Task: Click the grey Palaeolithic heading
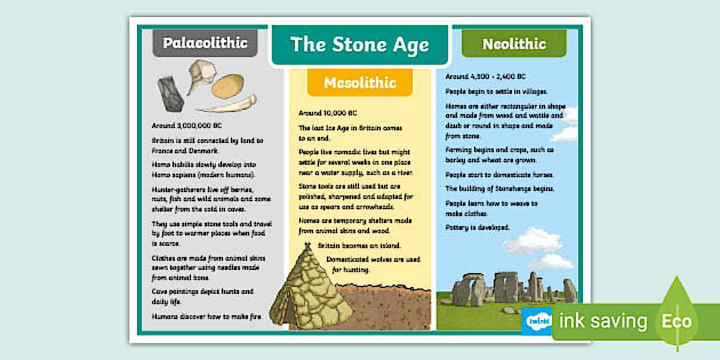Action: [205, 43]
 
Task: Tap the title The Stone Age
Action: [359, 45]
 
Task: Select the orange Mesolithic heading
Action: [360, 83]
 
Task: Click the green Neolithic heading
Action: [514, 44]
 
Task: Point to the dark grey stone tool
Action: [170, 92]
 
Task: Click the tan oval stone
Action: [227, 86]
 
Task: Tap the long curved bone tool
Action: [227, 105]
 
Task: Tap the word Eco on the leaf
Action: [677, 321]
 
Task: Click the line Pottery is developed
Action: [477, 227]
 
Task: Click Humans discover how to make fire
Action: [206, 316]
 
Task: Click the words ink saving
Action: [603, 321]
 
